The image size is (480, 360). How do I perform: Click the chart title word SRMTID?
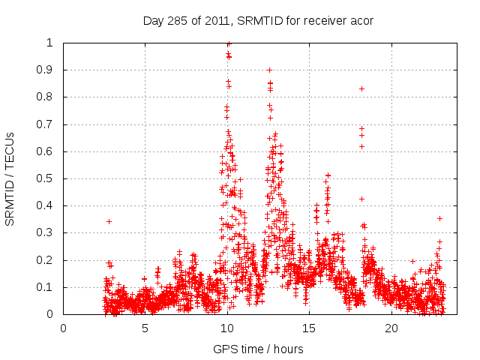pos(259,20)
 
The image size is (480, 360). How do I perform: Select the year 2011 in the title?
pos(220,20)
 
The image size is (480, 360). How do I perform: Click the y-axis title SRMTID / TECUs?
pos(10,178)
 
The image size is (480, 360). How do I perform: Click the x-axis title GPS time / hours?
pos(258,349)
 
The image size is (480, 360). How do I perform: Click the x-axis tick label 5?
pos(145,328)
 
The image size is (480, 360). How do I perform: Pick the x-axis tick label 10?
pos(227,328)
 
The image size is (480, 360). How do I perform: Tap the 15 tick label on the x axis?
pos(310,328)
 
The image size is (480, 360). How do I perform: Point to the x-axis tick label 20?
pos(391,328)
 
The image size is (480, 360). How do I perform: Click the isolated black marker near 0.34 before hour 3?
pos(109,221)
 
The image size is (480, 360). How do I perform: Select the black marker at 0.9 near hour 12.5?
pos(269,70)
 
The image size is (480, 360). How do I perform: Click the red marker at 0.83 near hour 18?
pos(361,88)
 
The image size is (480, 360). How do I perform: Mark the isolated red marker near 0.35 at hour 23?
pos(439,218)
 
